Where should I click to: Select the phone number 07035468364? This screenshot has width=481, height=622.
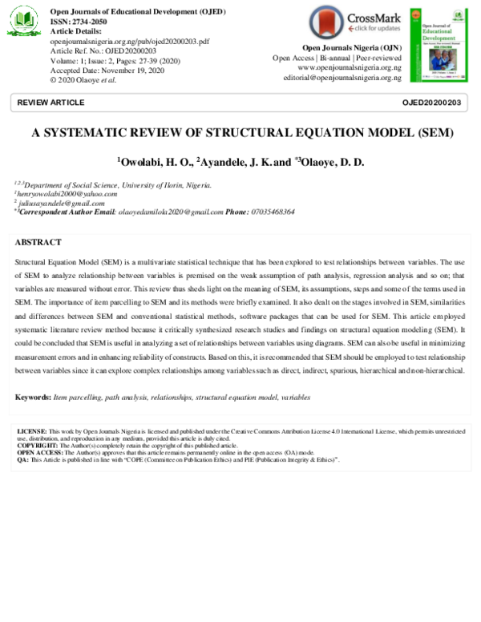point(272,212)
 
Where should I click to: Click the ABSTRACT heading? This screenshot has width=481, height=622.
point(38,242)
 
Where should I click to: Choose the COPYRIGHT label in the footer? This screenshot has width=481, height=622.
point(36,446)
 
